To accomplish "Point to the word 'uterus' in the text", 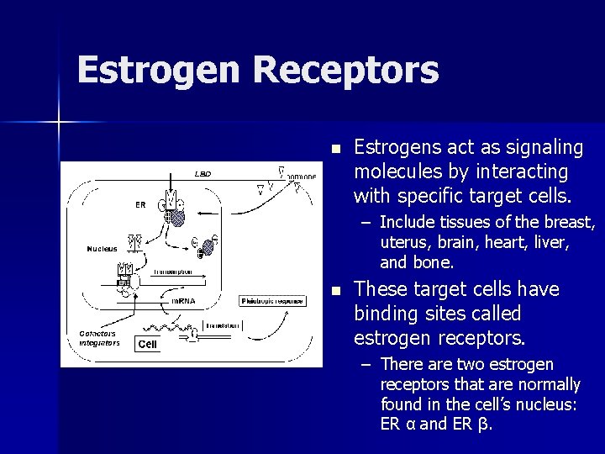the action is pos(402,243).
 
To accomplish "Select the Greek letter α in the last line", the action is pos(408,424).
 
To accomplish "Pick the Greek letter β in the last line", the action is pos(481,424).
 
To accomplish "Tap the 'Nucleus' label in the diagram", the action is pos(102,249).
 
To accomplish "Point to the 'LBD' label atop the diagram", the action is pos(203,175).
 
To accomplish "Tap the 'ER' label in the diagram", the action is pos(140,203).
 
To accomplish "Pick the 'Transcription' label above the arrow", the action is pos(173,272).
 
